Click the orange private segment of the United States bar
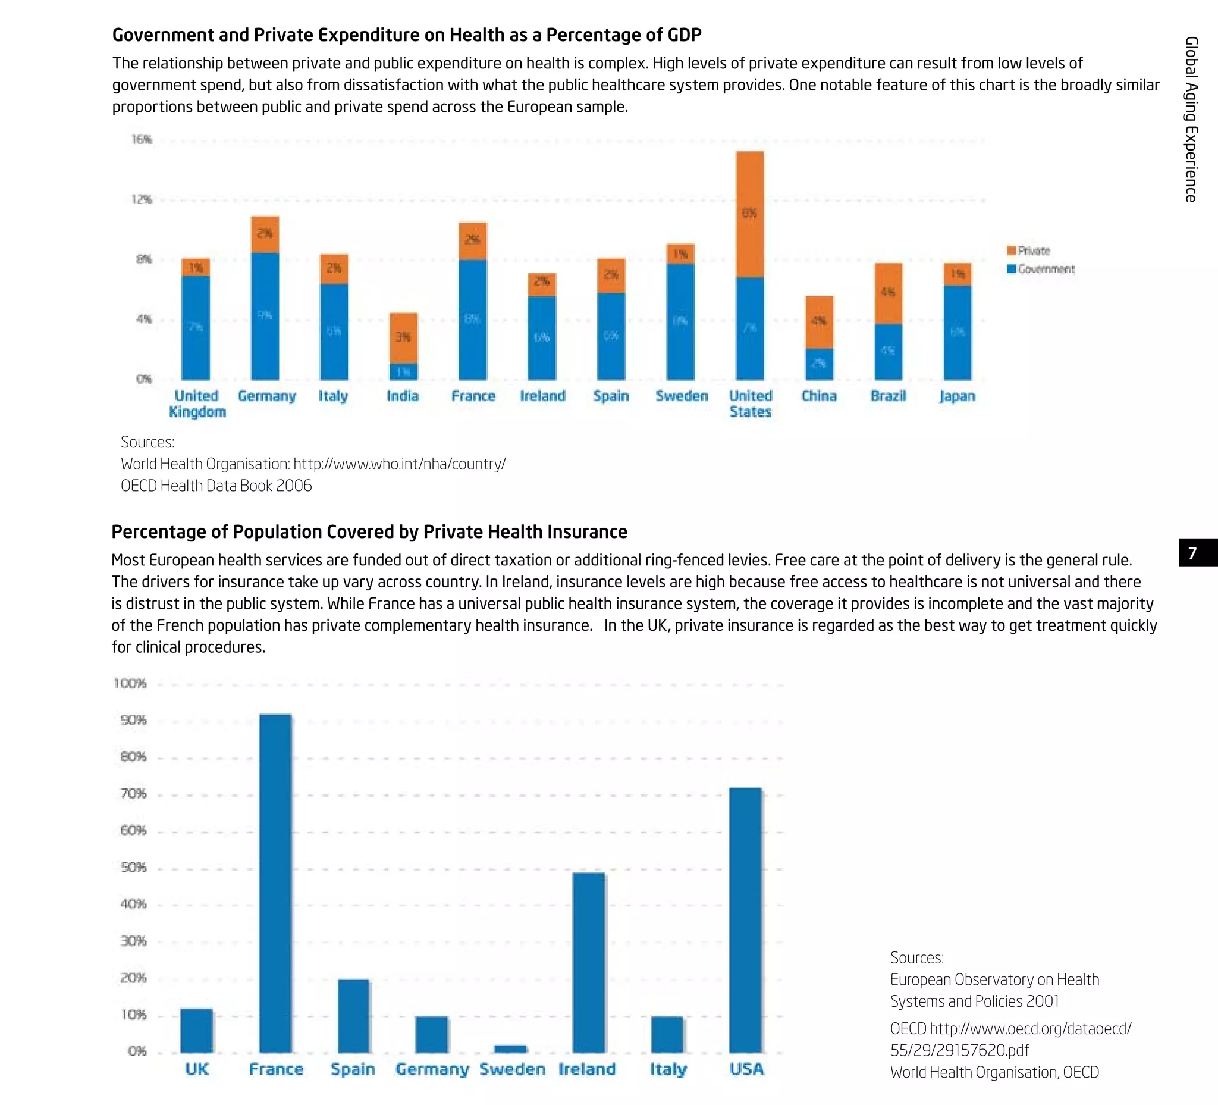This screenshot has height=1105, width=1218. point(750,215)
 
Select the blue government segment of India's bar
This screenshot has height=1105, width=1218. point(403,371)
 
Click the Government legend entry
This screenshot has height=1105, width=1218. point(1040,269)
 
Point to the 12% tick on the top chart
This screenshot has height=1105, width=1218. point(142,199)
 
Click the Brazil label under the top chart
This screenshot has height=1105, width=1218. point(888,396)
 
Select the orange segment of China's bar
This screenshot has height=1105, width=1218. point(820,321)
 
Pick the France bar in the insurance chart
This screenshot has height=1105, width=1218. point(275,882)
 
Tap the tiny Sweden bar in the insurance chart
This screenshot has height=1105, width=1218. point(510,1049)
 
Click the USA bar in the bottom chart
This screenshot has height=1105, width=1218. point(746,919)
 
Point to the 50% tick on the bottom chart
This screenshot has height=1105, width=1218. point(133,868)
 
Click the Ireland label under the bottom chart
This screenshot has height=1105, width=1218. point(586,1069)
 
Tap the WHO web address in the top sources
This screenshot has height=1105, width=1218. point(399,464)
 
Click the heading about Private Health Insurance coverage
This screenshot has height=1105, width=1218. point(369,531)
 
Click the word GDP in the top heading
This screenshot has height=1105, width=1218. point(684,35)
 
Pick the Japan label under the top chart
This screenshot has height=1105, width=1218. point(957,396)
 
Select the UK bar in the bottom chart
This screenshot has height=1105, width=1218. point(196,1031)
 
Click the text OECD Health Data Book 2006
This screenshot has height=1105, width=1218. point(216,486)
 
